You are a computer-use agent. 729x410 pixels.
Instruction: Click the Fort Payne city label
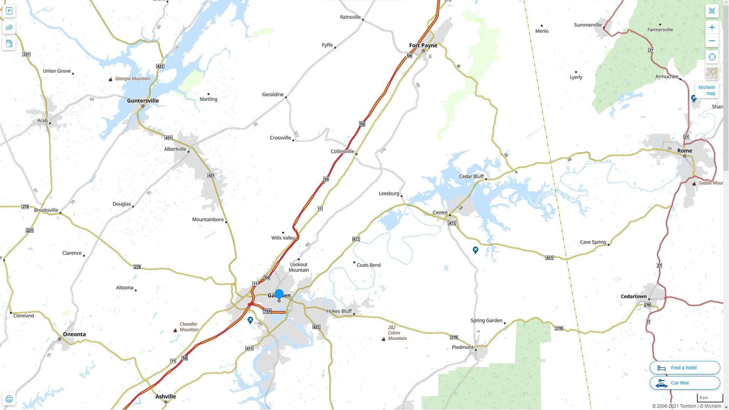pos(423,46)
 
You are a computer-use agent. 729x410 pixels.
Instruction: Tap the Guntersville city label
pos(143,101)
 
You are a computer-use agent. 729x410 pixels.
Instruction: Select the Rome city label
pos(685,151)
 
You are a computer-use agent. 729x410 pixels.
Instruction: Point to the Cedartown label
pos(633,296)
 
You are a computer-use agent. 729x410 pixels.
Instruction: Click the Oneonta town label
pos(74,334)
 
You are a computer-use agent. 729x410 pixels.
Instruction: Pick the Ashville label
pos(166,397)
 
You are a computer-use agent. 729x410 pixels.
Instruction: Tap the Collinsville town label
pos(342,151)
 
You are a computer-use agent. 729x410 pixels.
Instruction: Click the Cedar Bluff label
pos(471,176)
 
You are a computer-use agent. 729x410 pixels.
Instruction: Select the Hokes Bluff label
pos(339,311)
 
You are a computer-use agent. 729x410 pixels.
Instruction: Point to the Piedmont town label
pos(462,347)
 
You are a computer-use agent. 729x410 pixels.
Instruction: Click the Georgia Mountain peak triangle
pos(110,79)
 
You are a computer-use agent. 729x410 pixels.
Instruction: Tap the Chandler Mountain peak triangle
pos(175,330)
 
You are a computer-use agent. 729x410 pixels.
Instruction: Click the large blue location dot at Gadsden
pos(279,294)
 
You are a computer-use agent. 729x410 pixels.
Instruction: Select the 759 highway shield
pos(267,311)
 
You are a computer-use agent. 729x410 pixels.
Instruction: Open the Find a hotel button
pos(685,367)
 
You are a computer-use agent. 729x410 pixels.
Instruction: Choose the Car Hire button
pos(685,383)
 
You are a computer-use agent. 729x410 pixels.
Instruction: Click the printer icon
pos(9,399)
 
